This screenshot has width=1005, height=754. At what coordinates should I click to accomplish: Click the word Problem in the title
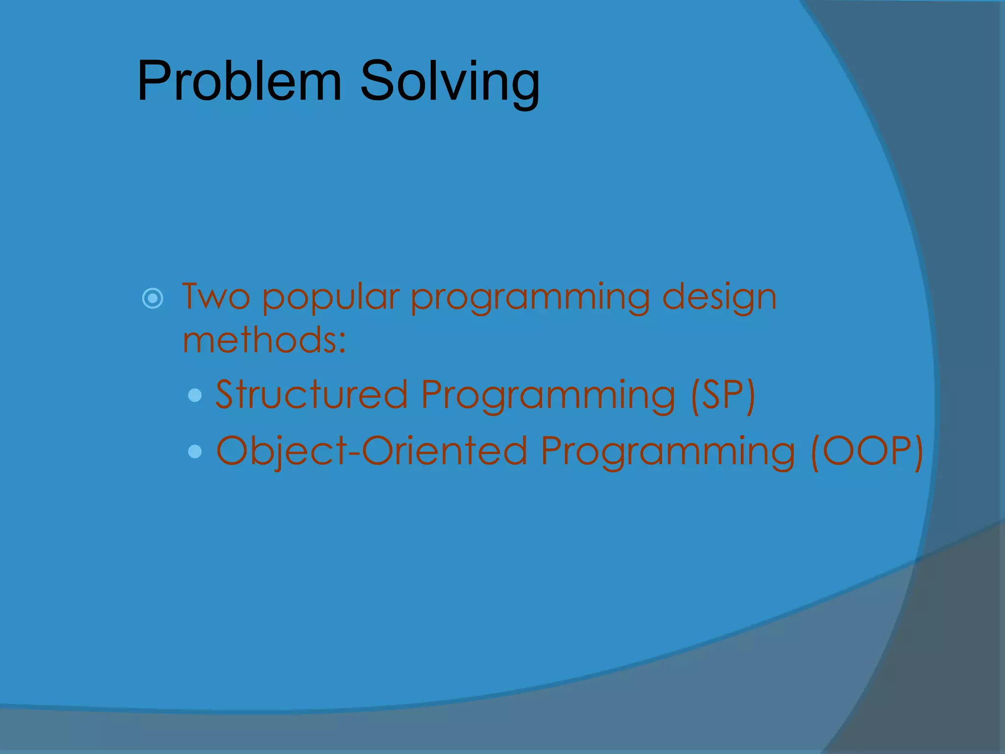(239, 81)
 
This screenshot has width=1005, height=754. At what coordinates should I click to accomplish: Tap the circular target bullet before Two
(153, 298)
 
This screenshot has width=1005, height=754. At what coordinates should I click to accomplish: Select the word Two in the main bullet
(216, 297)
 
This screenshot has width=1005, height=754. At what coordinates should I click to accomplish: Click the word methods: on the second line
(264, 340)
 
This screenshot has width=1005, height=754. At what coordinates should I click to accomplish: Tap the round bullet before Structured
(195, 395)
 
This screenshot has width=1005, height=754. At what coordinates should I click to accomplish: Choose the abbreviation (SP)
(722, 395)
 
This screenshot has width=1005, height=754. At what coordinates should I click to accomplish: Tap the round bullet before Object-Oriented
(195, 451)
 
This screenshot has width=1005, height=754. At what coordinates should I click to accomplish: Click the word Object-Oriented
(371, 451)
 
